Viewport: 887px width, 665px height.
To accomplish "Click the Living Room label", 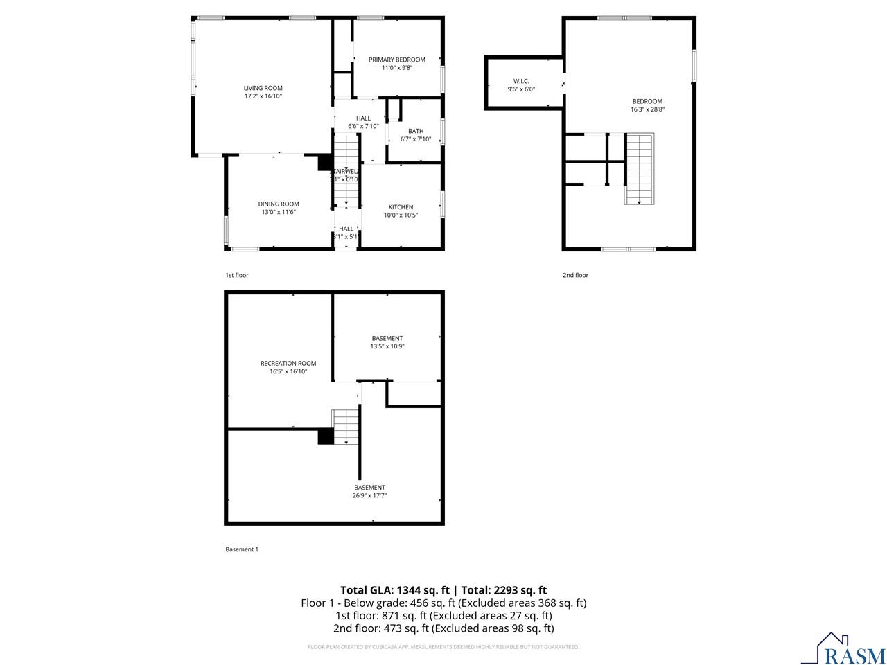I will point(263,88).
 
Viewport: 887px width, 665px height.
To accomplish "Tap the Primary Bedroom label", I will point(396,60).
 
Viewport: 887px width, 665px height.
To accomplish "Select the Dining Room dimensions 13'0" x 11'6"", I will point(279,212).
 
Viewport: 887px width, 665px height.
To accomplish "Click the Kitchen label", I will point(401,207).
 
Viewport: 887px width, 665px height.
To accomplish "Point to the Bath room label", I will point(416,131).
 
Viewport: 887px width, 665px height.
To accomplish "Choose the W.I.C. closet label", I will point(521,81).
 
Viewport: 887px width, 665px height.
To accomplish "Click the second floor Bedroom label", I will point(647,101).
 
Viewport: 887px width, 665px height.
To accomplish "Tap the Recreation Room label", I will point(288,363).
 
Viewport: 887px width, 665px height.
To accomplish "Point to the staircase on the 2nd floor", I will point(640,168).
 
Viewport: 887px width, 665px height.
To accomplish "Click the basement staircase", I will point(346,426).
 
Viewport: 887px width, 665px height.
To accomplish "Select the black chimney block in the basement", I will point(325,436).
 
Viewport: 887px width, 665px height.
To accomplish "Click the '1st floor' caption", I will point(236,275).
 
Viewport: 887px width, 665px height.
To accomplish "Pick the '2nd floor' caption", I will point(575,275).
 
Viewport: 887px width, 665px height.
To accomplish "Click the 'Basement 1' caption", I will point(241,549).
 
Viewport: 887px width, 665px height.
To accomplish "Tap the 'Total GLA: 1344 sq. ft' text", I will point(395,590).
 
